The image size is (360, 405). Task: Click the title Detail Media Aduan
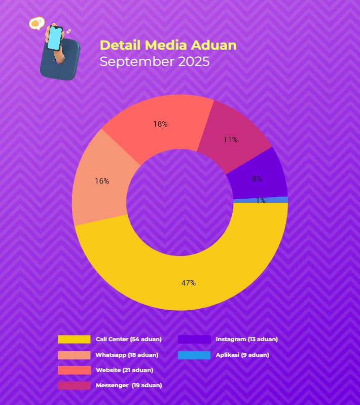[x=168, y=45]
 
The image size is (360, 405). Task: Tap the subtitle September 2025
[x=154, y=62]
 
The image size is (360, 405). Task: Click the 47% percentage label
[x=189, y=283]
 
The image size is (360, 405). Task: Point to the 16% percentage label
[x=102, y=181]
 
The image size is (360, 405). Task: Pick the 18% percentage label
[x=161, y=124]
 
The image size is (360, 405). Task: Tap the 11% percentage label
[x=231, y=139]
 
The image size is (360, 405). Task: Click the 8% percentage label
[x=257, y=178]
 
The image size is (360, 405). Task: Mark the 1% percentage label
[x=261, y=201]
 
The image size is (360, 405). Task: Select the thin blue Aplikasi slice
[x=274, y=200]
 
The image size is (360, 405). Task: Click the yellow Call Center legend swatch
[x=74, y=339]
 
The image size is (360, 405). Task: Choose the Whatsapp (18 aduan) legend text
[x=127, y=355]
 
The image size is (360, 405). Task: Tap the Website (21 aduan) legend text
[x=124, y=370]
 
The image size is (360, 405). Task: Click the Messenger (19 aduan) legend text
[x=129, y=385]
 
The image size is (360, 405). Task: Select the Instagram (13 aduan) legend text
[x=246, y=339]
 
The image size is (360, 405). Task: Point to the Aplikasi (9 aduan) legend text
[x=242, y=355]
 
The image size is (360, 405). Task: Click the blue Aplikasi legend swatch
[x=194, y=355]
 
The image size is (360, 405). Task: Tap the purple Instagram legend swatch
[x=194, y=339]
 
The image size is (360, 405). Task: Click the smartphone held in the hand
[x=55, y=38]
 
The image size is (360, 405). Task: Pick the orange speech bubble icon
[x=36, y=23]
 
